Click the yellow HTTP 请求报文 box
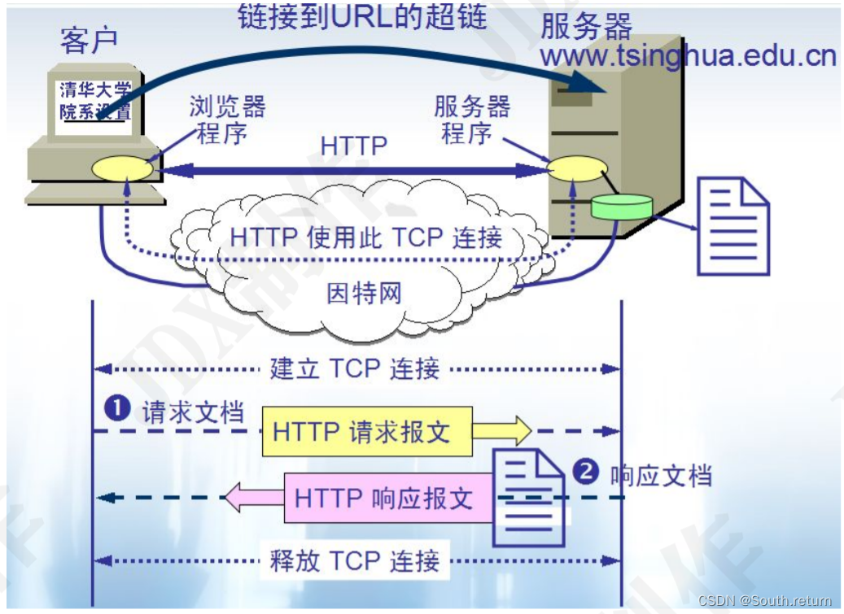366,431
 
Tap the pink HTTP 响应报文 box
388,498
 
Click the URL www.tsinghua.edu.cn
688,56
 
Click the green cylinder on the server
623,207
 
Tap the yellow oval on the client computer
121,169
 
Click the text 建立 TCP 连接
355,368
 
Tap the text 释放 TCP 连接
355,560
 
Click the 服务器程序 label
471,120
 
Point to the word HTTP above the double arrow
354,146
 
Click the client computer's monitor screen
95,100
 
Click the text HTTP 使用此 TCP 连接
365,237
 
